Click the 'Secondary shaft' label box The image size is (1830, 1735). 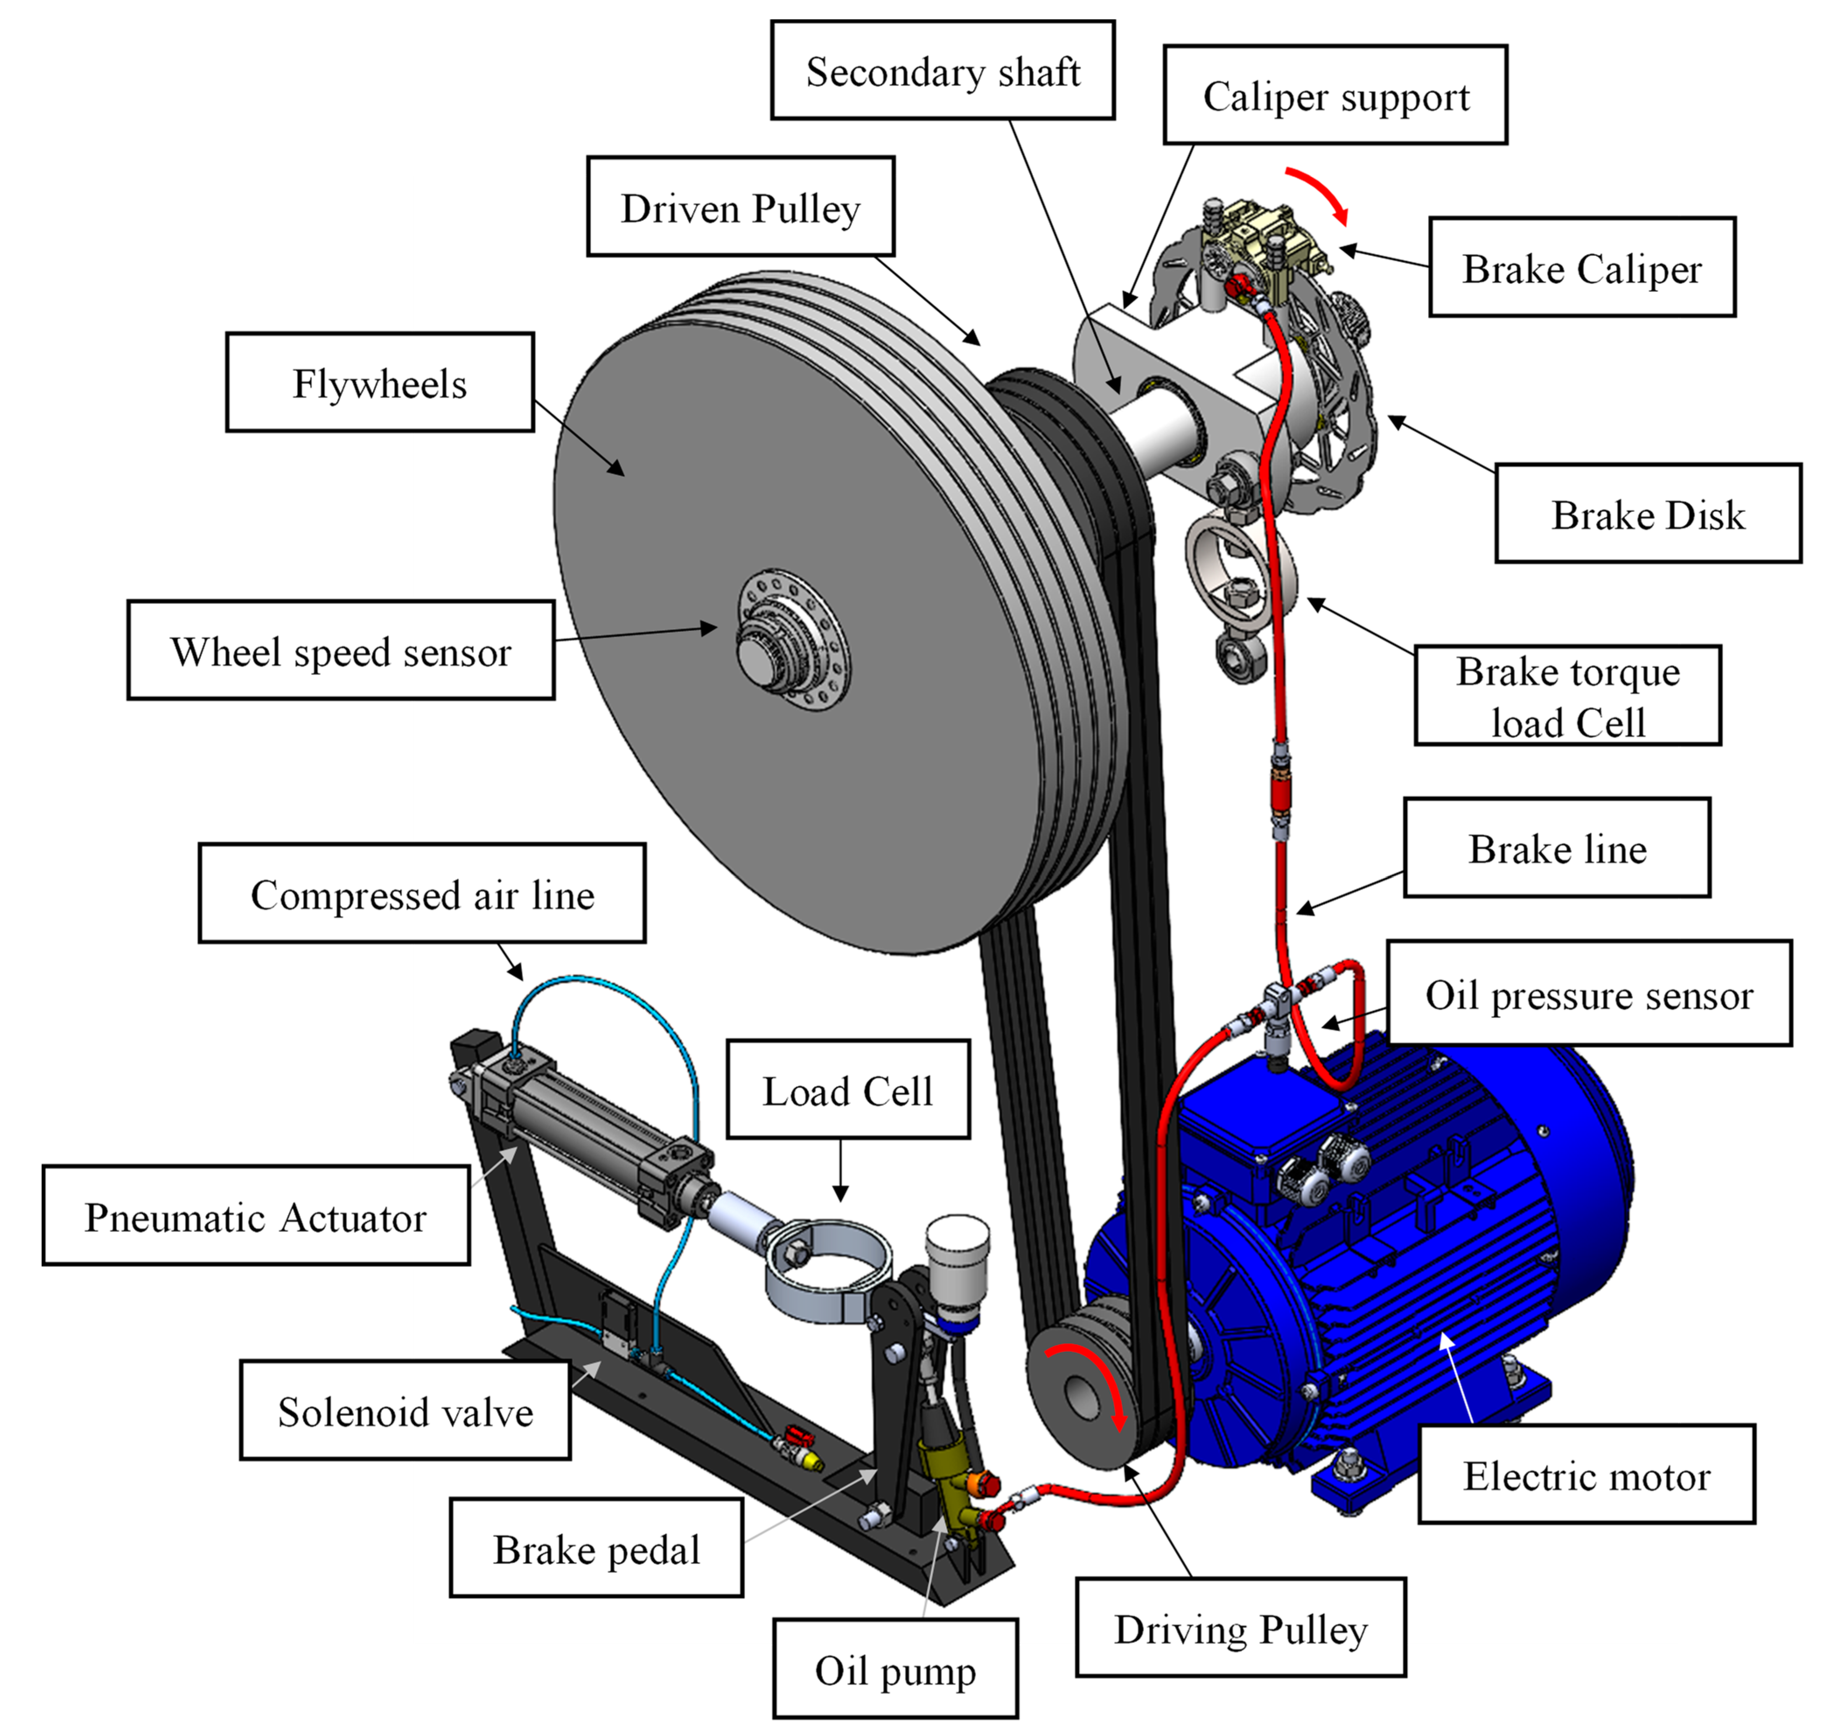coord(942,71)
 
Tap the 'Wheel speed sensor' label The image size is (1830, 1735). coord(340,651)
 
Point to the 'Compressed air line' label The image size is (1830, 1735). coord(422,894)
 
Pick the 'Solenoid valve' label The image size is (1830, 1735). coord(405,1411)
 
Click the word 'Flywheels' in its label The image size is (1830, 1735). coord(379,383)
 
